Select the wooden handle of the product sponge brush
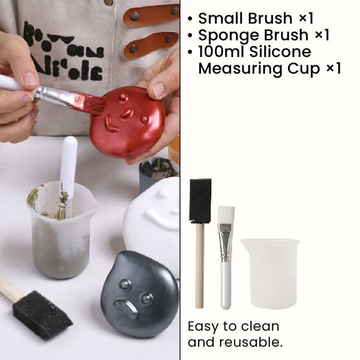[200, 264]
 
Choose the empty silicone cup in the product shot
[270, 273]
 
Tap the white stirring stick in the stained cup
[69, 168]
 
